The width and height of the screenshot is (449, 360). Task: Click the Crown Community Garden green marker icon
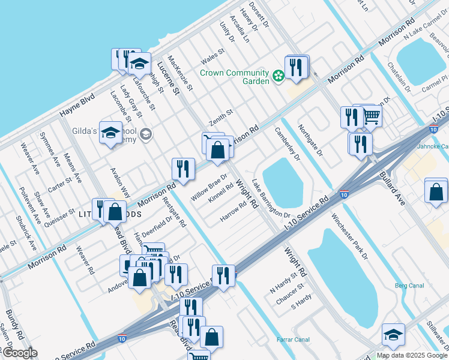click(278, 76)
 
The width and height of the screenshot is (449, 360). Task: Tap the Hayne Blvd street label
click(77, 106)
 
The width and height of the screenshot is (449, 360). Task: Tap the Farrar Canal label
click(292, 340)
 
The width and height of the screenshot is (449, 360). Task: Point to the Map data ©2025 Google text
click(412, 355)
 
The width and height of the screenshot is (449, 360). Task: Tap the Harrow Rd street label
click(233, 212)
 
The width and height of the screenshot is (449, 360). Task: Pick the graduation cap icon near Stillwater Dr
click(393, 335)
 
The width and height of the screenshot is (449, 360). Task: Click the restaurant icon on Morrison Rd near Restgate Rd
click(182, 169)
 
